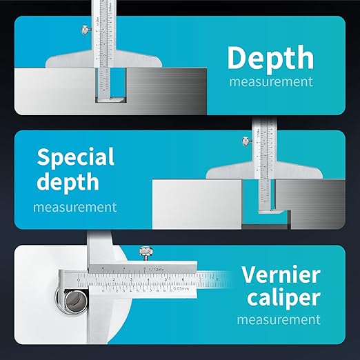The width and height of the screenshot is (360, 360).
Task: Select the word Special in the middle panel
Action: coord(76,157)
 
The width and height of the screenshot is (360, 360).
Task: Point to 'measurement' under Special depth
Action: coord(75,206)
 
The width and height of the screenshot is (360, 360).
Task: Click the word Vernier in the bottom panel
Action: coord(281,274)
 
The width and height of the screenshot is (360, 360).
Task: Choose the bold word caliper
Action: coord(281,298)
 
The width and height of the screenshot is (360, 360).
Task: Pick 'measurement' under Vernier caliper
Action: coord(279,320)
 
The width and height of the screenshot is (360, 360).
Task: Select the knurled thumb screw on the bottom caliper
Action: coord(146,251)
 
